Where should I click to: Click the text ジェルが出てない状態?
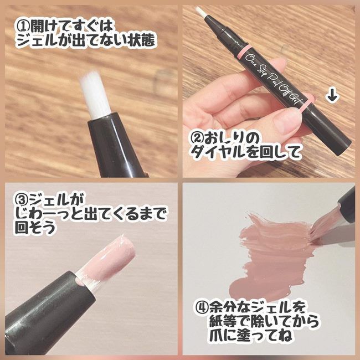point(84,42)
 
